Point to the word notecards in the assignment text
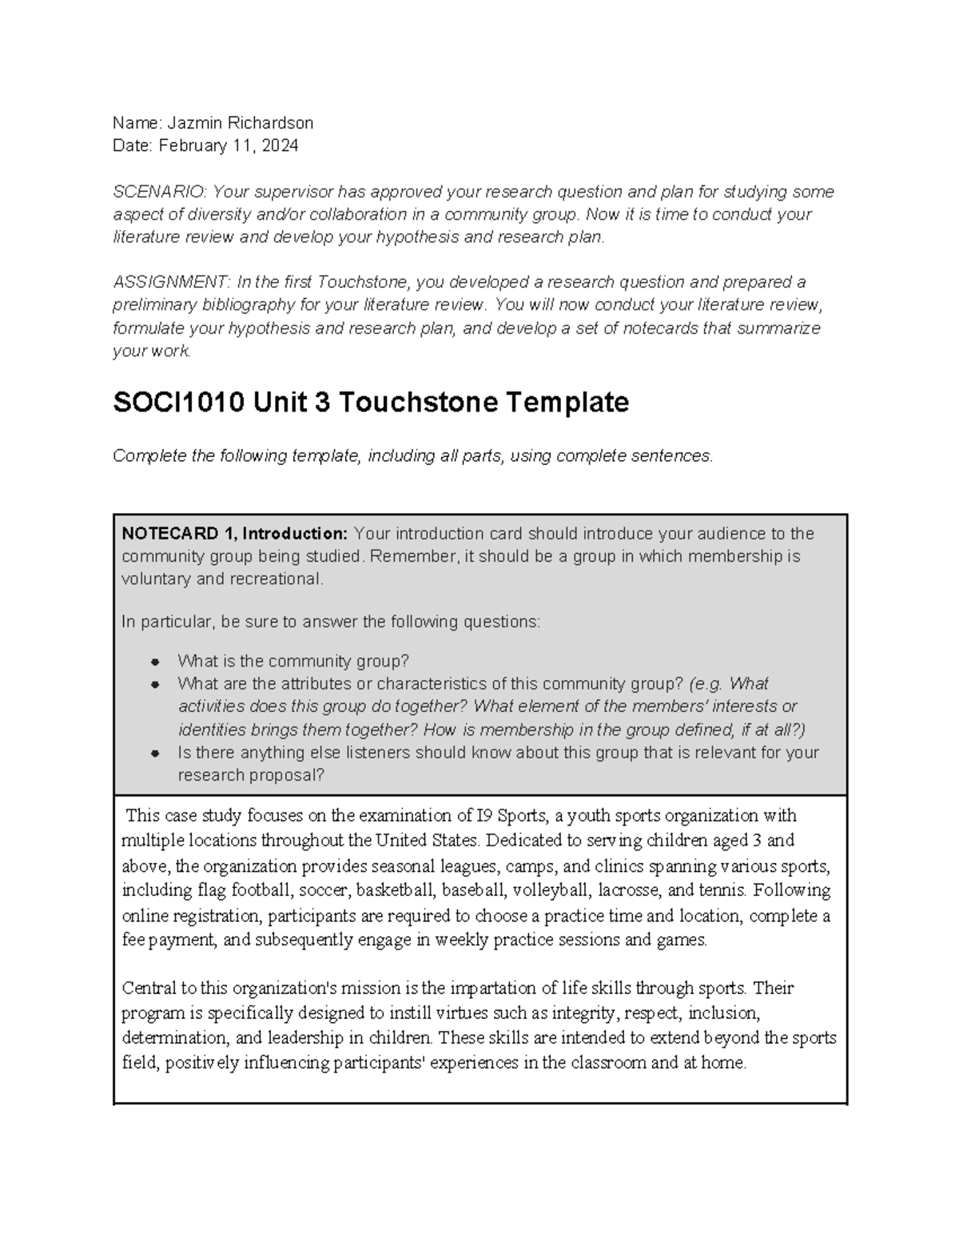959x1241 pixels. [x=652, y=328]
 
